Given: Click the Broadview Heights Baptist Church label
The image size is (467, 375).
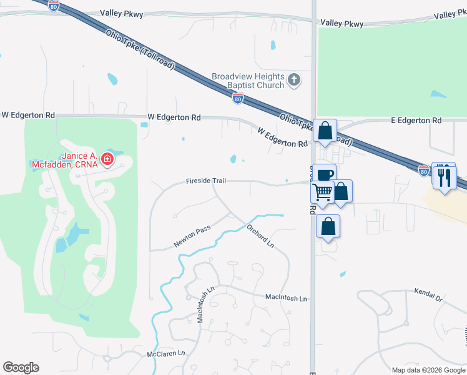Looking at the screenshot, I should (248, 80).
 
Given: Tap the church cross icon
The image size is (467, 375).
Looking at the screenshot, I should (294, 80).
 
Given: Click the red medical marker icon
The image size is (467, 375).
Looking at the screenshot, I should (108, 159).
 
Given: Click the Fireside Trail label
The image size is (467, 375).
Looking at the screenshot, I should (205, 181).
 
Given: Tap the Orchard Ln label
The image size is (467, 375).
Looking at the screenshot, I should (260, 234).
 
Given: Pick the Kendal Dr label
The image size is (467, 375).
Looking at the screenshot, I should (428, 296).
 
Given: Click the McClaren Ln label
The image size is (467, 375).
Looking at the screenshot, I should (166, 354).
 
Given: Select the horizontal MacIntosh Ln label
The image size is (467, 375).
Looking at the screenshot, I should (286, 299).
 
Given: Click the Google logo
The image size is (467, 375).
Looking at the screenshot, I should (21, 367).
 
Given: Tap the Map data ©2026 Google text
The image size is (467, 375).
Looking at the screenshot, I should (428, 370).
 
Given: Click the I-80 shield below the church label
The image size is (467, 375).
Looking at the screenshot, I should (237, 98).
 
